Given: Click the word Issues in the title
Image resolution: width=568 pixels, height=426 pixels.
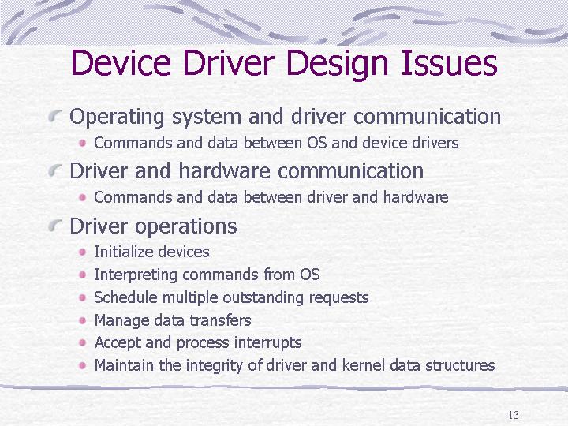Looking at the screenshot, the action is [449, 62].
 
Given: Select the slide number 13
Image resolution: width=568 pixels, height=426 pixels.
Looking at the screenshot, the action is [514, 415].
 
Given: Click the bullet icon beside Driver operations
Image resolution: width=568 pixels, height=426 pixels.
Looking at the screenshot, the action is [55, 226].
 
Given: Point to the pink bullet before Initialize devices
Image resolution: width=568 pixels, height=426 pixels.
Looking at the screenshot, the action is [83, 252].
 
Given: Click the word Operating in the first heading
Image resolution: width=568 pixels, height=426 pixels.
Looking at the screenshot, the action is [117, 118].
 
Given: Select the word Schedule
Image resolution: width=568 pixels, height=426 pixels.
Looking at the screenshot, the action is [125, 297].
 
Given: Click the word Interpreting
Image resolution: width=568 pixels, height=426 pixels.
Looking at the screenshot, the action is [136, 275].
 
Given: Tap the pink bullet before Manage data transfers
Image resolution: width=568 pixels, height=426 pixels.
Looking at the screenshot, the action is [83, 320].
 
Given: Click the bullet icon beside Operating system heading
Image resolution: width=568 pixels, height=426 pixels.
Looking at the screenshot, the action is [55, 116].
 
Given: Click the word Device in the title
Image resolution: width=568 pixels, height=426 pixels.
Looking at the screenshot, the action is [121, 62].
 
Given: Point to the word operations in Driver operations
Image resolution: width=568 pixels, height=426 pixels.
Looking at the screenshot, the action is [186, 226].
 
